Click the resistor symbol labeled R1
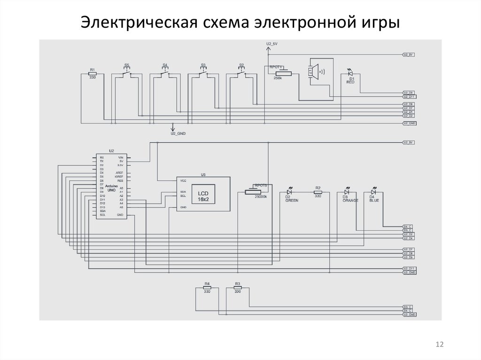coord(93,74)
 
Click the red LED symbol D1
coord(349,73)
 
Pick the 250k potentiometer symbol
coord(280,73)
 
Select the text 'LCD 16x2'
coord(203,196)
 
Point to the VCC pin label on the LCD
coord(183,180)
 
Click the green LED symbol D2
coord(290,192)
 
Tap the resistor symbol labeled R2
coord(318,192)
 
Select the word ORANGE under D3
coord(350,201)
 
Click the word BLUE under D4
coord(374,201)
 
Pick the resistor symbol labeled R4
coord(207,288)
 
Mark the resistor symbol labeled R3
coord(237,288)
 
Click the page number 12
coord(440,345)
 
